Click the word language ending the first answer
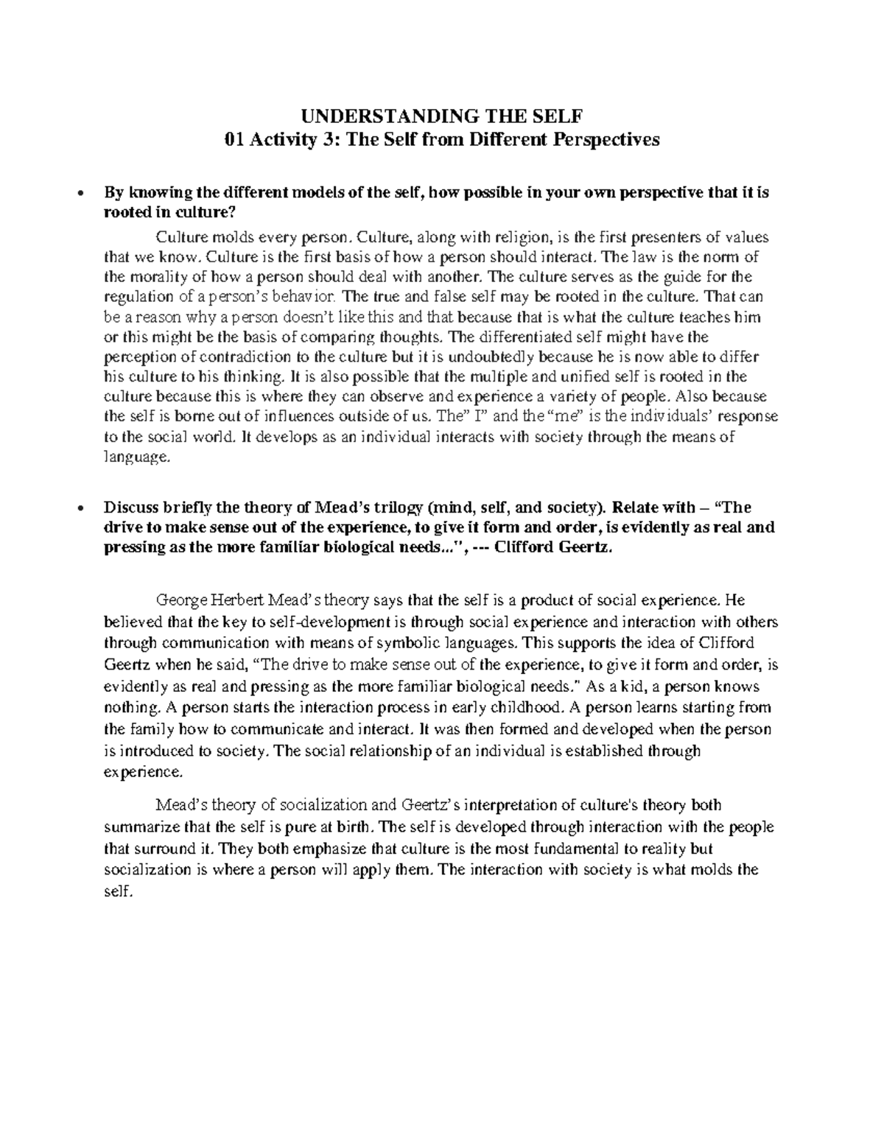click(x=136, y=457)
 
